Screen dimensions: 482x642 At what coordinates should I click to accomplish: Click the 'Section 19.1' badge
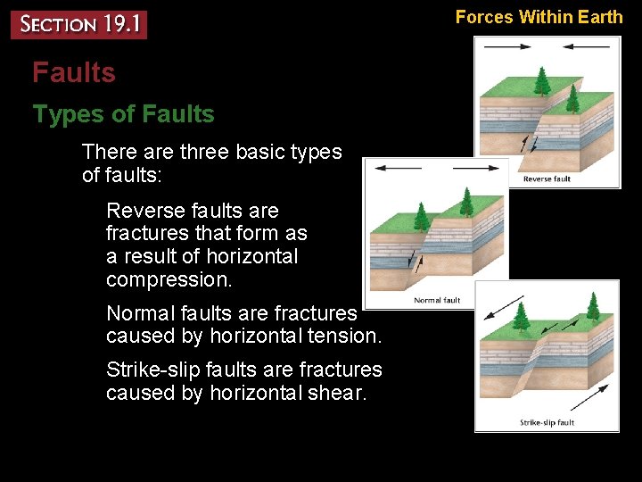pyautogui.click(x=78, y=24)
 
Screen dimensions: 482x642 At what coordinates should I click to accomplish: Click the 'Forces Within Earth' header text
pyautogui.click(x=539, y=16)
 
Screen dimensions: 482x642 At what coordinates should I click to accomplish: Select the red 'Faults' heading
pyautogui.click(x=74, y=72)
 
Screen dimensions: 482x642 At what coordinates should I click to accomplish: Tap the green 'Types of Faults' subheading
pyautogui.click(x=123, y=114)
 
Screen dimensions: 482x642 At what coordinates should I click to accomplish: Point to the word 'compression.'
pyautogui.click(x=169, y=279)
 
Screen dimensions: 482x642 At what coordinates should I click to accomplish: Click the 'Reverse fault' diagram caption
pyautogui.click(x=546, y=179)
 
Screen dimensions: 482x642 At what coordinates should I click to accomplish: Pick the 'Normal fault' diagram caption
pyautogui.click(x=437, y=300)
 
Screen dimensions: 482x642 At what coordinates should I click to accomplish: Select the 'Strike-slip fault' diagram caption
pyautogui.click(x=547, y=422)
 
